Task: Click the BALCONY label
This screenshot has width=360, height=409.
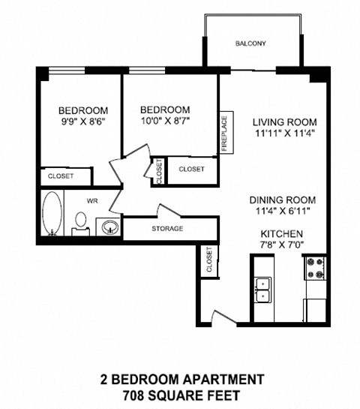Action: [x=250, y=44]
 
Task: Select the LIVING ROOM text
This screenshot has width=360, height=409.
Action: [x=284, y=122]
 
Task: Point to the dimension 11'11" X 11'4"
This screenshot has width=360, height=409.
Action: [x=284, y=134]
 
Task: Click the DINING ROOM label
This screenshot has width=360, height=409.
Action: [x=283, y=200]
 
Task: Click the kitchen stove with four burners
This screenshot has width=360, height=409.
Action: [x=313, y=266]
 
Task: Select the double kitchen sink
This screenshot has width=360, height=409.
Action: [x=262, y=289]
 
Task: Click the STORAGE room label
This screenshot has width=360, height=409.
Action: [x=166, y=228]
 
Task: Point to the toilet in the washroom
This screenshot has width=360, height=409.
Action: [x=81, y=222]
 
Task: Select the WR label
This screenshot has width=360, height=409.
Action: [x=93, y=200]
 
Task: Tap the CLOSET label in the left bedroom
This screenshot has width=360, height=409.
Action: [x=61, y=176]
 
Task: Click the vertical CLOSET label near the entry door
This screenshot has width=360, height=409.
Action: [x=208, y=260]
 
